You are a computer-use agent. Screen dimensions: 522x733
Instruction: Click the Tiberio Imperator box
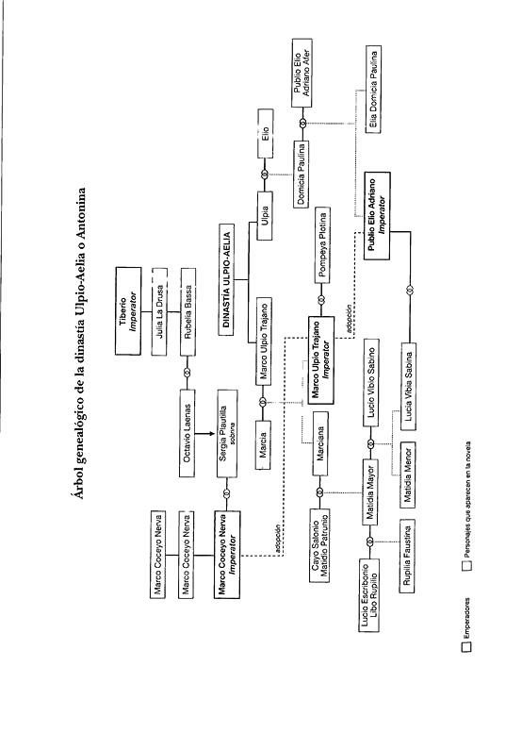pyautogui.click(x=128, y=311)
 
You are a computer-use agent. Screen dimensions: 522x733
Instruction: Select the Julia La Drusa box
pyautogui.click(x=159, y=311)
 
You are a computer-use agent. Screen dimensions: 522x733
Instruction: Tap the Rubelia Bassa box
pyautogui.click(x=188, y=312)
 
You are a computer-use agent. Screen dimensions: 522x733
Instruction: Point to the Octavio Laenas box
pyautogui.click(x=188, y=433)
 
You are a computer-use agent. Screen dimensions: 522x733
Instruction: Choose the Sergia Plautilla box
pyautogui.click(x=227, y=433)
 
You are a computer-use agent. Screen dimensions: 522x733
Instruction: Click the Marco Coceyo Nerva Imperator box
pyautogui.click(x=227, y=555)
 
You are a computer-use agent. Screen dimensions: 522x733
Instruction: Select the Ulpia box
pyautogui.click(x=265, y=215)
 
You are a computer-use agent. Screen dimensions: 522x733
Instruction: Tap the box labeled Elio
pyautogui.click(x=265, y=134)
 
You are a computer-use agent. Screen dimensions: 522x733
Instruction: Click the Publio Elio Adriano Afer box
pyautogui.click(x=302, y=73)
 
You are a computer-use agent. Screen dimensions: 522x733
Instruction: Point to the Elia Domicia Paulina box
pyautogui.click(x=373, y=89)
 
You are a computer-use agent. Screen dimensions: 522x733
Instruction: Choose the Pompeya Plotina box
pyautogui.click(x=322, y=245)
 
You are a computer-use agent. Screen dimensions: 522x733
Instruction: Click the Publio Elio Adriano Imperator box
pyautogui.click(x=377, y=216)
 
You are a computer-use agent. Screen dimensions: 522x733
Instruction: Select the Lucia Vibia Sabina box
pyautogui.click(x=409, y=387)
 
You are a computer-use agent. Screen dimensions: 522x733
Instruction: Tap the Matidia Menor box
pyautogui.click(x=408, y=475)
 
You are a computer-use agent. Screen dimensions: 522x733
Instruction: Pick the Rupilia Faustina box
pyautogui.click(x=407, y=556)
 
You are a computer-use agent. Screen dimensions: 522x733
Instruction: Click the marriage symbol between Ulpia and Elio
pyautogui.click(x=265, y=175)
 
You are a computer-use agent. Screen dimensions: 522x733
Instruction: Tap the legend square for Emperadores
pyautogui.click(x=466, y=646)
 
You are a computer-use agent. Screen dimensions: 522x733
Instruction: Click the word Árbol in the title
pyautogui.click(x=81, y=482)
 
